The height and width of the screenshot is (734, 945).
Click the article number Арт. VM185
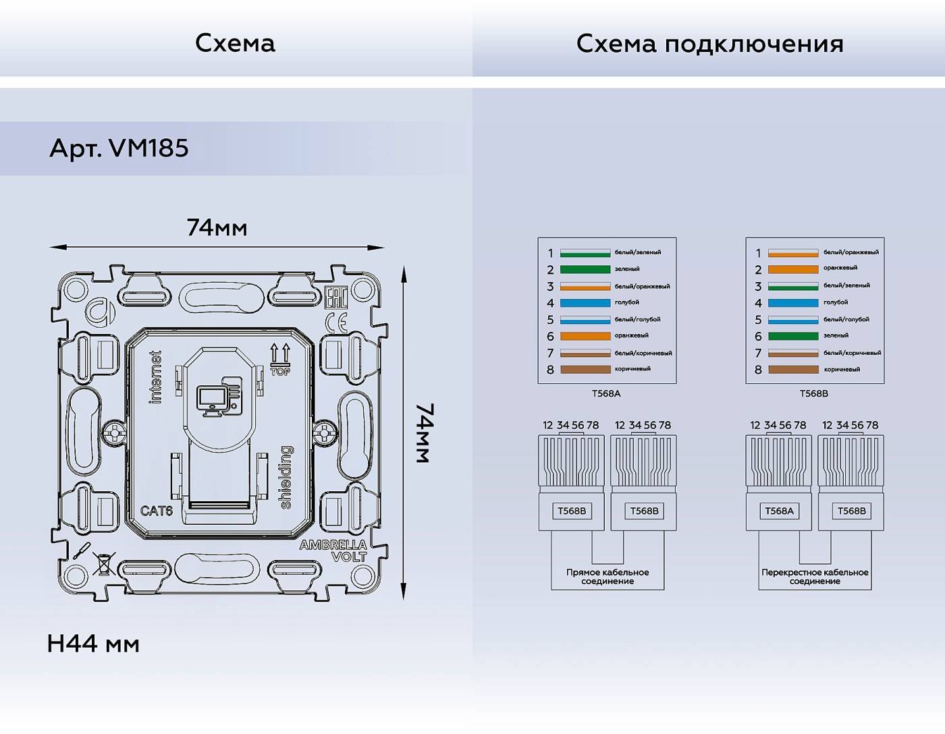pos(119,148)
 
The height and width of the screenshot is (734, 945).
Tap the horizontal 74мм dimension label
pos(217,228)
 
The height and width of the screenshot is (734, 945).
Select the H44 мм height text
pos(93,644)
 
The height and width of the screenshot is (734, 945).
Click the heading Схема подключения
pos(709,44)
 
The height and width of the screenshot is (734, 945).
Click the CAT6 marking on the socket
pos(156,511)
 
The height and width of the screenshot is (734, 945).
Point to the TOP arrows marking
pos(280,359)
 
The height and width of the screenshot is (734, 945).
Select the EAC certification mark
pos(335,298)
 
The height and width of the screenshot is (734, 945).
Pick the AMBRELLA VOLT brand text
pos(334,550)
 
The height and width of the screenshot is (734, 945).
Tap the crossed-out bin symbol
pos(103,563)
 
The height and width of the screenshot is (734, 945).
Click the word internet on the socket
pos(156,377)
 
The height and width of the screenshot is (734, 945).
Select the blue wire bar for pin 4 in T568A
pos(585,303)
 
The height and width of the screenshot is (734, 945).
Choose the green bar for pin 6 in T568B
pos(792,336)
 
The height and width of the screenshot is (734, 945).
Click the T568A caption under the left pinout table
pos(605,393)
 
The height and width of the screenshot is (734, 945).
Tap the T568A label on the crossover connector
pos(779,511)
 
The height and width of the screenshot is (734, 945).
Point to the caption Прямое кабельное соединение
pos(607,576)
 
